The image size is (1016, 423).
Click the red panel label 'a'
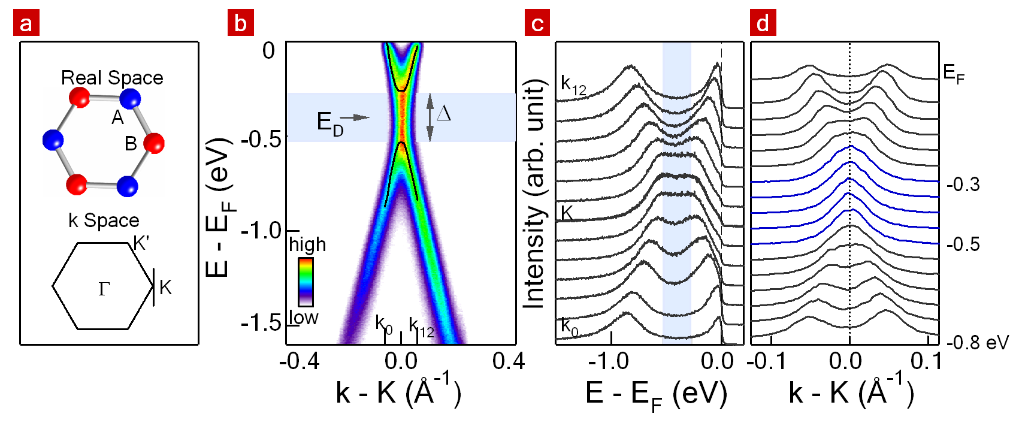coord(26,25)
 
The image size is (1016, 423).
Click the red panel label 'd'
coord(763,25)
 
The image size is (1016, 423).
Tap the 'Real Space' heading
coord(112,78)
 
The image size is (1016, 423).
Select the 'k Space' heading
coord(104,220)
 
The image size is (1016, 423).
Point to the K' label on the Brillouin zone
coord(141,243)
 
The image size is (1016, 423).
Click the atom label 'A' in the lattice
coord(117,117)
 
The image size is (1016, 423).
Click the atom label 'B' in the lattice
coord(131,144)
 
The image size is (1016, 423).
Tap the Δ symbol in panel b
coord(444,113)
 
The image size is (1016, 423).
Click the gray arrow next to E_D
coord(358,118)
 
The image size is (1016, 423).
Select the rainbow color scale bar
coord(306,282)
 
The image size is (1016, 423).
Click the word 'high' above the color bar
coord(307,244)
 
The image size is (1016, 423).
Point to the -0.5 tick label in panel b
coord(261,140)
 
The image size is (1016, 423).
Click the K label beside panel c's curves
coord(567,213)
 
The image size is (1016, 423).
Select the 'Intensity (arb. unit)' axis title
coord(534,195)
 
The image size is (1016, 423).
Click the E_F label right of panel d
coord(954,74)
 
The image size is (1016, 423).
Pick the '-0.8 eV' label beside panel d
coord(977,343)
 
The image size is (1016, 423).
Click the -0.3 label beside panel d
coord(963,185)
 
